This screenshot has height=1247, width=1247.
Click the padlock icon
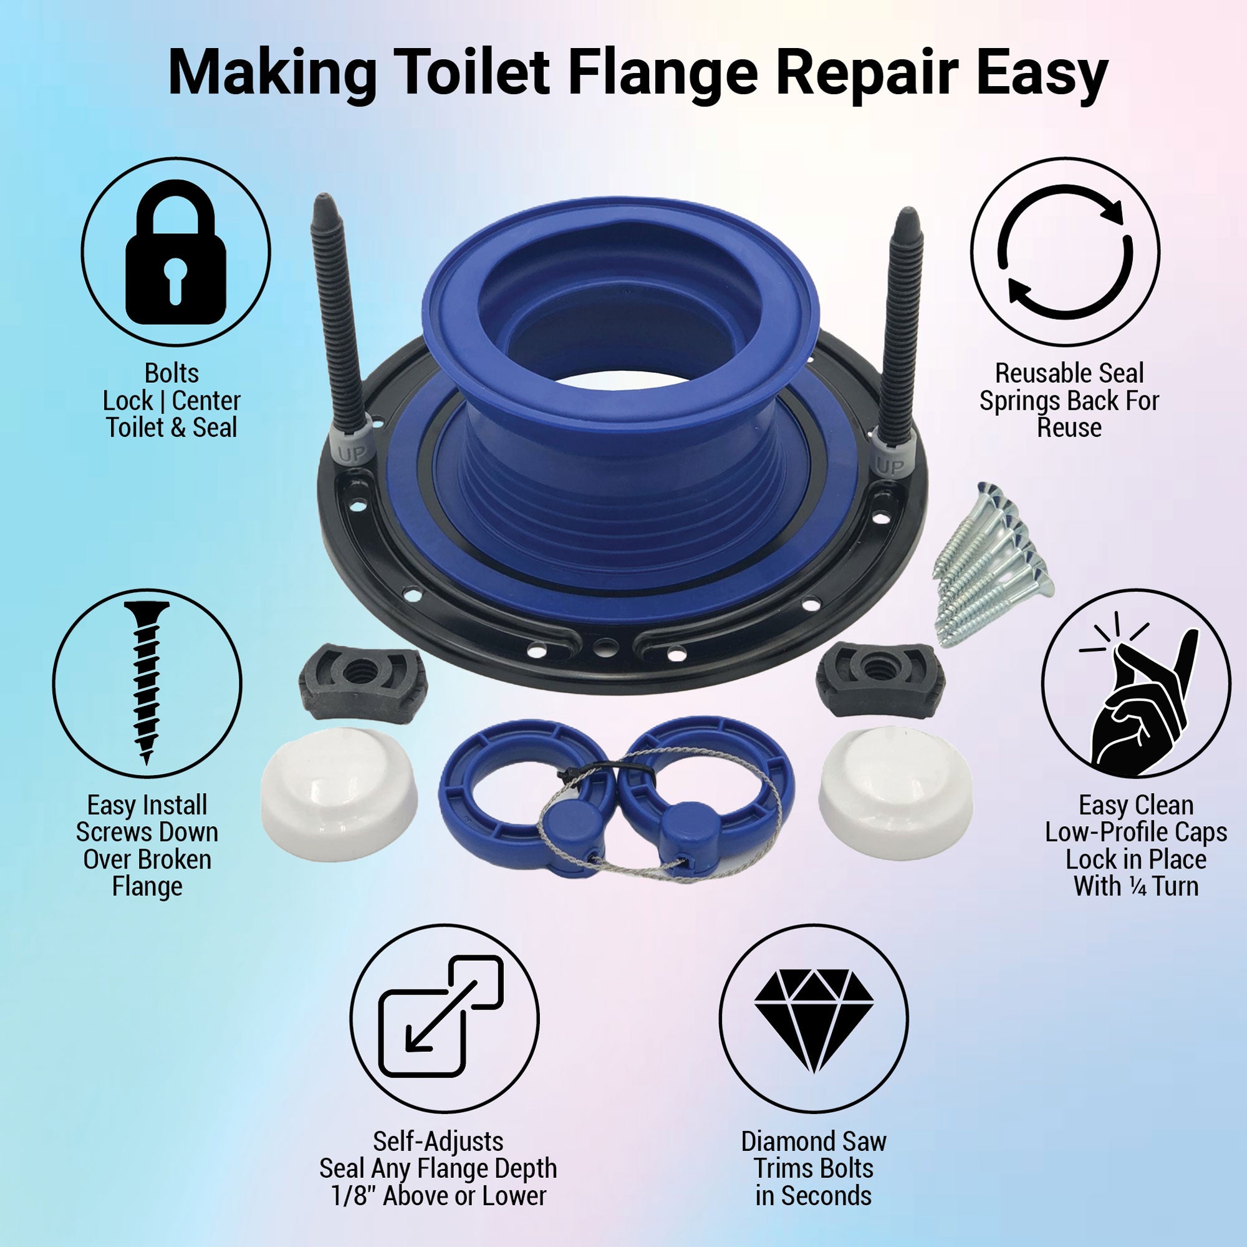pyautogui.click(x=176, y=253)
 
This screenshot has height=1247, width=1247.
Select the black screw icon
pyautogui.click(x=147, y=683)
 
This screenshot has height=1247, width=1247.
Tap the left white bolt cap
pyautogui.click(x=338, y=795)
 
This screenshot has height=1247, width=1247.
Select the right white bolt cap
pyautogui.click(x=895, y=794)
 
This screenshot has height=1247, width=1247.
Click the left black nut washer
pyautogui.click(x=362, y=682)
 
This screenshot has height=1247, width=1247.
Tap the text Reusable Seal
pyautogui.click(x=1069, y=373)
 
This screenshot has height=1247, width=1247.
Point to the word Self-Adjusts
pyautogui.click(x=438, y=1141)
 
